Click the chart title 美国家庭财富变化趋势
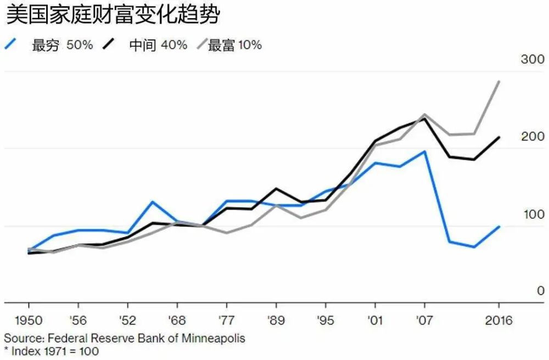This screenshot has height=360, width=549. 113,15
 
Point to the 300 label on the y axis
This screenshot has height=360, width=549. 533,59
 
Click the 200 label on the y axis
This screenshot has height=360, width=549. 533,137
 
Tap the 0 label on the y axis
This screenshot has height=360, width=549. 540,291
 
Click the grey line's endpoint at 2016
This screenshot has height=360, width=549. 498,81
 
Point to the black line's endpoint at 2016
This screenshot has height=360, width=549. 498,137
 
